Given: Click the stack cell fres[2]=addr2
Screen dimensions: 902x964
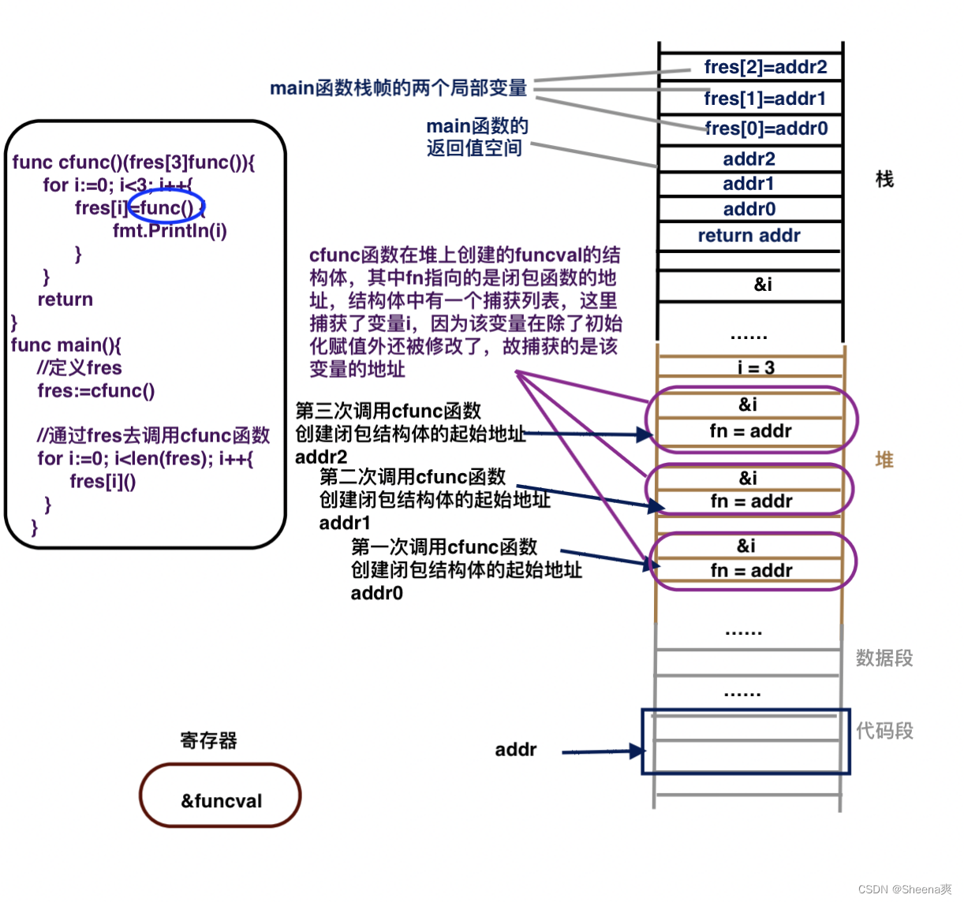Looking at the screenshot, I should pos(764,67).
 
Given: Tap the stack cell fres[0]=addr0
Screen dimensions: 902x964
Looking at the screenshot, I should pos(765,129).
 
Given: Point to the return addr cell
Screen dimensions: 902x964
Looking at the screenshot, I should pos(749,236).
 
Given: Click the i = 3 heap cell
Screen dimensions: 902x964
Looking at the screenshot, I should pos(756,367).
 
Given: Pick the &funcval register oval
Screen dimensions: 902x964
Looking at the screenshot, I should pos(221,796).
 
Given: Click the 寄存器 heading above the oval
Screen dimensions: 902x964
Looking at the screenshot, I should pos(208,740).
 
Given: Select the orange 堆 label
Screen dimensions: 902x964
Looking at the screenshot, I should pos(884,460).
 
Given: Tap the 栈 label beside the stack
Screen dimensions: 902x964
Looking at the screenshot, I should pos(884,180).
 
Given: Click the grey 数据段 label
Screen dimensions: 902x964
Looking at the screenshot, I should pos(884,658).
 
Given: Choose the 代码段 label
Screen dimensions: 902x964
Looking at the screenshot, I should pos(884,731).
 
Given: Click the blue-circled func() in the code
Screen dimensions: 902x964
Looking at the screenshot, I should pos(166,207).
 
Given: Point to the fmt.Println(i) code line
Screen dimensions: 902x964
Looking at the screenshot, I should pos(170,230).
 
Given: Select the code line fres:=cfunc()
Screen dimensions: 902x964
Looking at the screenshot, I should pos(95,390).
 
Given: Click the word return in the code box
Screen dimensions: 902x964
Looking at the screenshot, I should pos(65,299).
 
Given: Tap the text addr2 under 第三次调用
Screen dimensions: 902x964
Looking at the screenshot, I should pos(321,457).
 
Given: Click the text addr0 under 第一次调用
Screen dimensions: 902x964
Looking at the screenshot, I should pos(376,593).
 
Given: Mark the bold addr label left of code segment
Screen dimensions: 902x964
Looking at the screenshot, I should pos(515,750).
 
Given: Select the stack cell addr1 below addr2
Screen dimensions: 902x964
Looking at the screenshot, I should pos(749,184).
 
